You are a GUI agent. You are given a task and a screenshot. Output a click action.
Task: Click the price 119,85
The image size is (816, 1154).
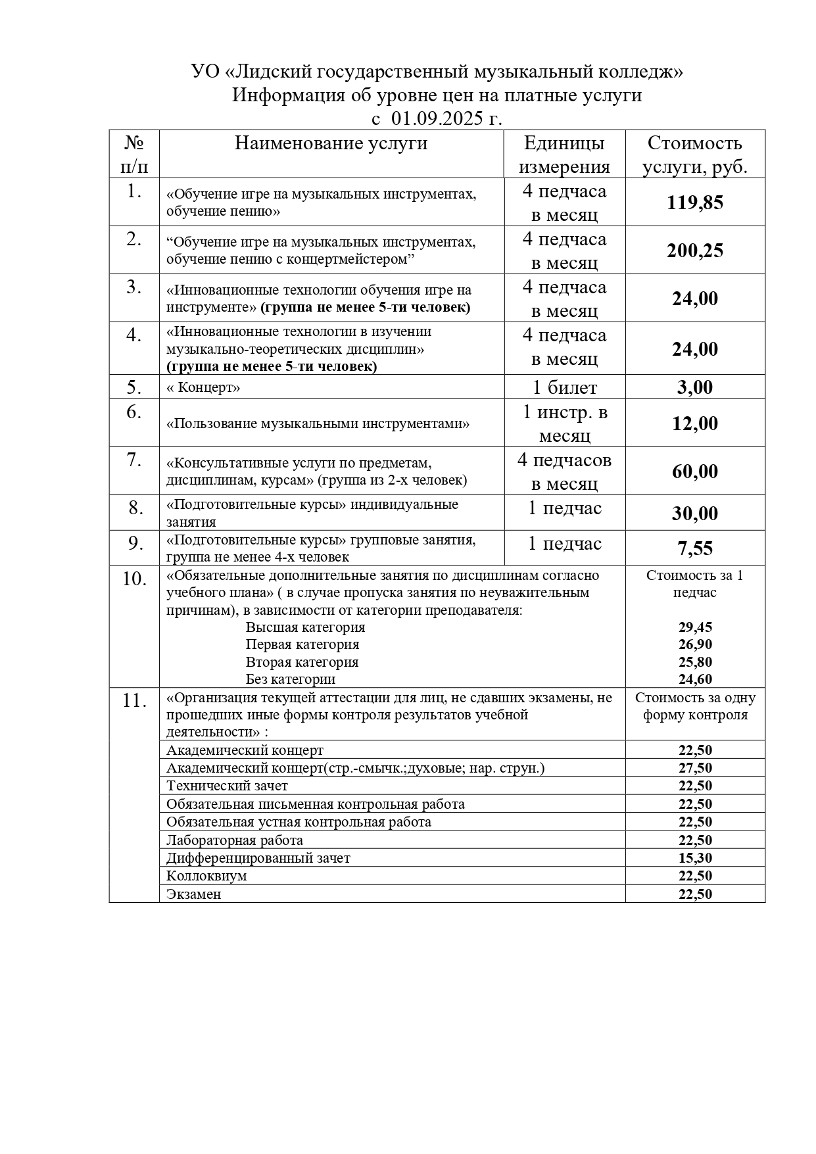pos(694,203)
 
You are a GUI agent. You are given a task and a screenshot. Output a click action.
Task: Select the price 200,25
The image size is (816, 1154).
pos(694,251)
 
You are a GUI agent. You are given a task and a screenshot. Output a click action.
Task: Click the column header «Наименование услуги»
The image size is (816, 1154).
pos(331,143)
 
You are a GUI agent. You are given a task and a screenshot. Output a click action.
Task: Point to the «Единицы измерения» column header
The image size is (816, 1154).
pos(564,155)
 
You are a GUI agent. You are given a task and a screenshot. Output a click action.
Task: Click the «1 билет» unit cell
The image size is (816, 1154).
pos(564,387)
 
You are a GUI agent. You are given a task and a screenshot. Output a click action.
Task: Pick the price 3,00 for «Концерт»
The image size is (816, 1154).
pos(694,387)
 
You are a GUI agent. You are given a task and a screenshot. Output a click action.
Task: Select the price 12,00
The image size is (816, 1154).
pos(694,423)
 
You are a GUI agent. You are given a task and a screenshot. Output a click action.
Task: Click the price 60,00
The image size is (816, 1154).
pos(694,471)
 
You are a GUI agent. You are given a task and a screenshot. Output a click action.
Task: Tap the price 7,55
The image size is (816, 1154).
pos(694,548)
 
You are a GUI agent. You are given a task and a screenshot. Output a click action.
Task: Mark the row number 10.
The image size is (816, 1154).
pos(134,579)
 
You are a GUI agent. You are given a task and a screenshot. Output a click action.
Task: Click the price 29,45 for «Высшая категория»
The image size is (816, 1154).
pos(695,627)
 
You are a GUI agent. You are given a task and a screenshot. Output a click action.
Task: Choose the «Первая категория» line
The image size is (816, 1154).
pos(302,644)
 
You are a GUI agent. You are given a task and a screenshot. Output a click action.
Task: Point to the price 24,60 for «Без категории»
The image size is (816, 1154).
pos(695,679)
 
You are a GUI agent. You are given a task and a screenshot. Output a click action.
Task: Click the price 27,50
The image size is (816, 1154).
pos(695,768)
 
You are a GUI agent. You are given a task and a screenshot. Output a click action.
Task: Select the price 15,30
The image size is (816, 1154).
pos(695,858)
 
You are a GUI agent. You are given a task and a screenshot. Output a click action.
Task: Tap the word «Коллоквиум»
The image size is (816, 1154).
pos(206,876)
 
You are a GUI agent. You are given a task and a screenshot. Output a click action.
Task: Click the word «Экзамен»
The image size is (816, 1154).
pos(193,894)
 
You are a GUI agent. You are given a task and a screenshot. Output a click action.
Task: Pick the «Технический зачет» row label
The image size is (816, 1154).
pos(227,786)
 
